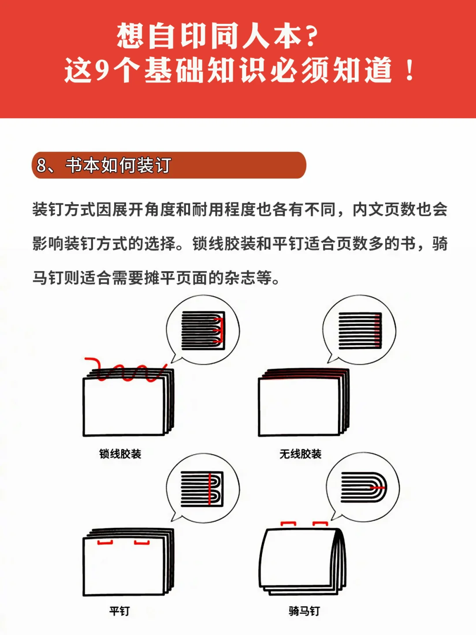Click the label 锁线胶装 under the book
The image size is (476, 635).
tap(120, 454)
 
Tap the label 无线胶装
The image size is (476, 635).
tap(300, 454)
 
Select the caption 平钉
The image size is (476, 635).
tap(119, 611)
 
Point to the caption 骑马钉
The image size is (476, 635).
tap(304, 611)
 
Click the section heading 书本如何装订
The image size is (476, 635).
tap(118, 165)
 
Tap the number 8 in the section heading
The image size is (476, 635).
tap(41, 165)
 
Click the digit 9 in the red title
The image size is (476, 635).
tap(102, 71)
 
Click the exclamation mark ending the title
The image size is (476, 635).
tap(409, 71)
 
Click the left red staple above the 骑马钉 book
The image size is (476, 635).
tap(288, 523)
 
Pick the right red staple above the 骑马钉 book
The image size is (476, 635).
tap(320, 523)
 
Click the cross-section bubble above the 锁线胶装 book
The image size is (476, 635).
tap(203, 330)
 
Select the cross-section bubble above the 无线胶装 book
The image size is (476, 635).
tap(359, 330)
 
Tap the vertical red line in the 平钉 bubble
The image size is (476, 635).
tap(209, 489)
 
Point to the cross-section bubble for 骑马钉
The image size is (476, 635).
tap(363, 488)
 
